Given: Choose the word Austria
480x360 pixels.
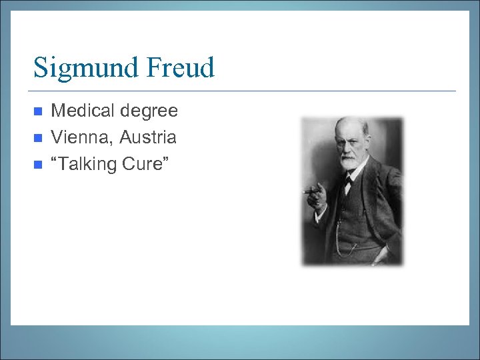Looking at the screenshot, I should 147,137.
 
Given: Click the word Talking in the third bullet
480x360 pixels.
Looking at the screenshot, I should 85,164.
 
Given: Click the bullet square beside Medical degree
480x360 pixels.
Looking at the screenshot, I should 37,111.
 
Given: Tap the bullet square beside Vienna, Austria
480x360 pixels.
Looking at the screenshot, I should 37,138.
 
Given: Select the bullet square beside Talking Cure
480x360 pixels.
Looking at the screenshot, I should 37,164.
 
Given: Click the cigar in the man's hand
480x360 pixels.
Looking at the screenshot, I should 309,191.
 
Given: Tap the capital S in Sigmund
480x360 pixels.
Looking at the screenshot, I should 41,68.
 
